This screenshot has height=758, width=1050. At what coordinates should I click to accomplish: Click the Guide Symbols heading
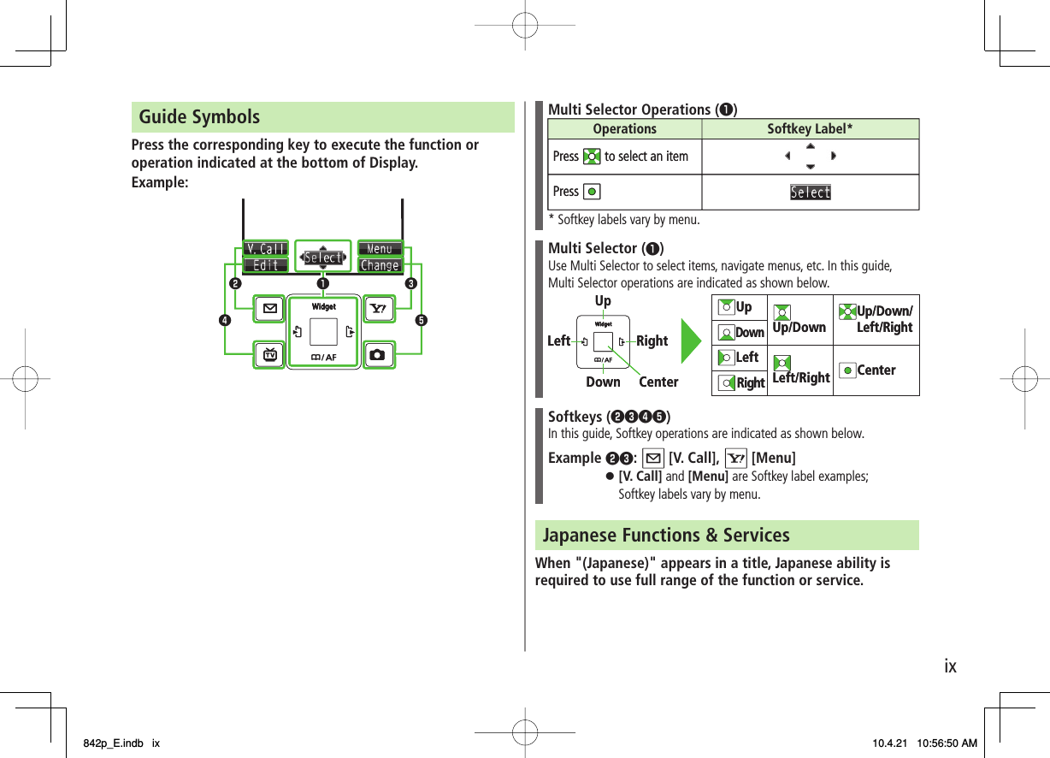pos(199,117)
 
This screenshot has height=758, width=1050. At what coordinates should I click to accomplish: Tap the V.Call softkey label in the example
pos(266,249)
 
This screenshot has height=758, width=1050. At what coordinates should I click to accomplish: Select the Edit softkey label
pos(266,265)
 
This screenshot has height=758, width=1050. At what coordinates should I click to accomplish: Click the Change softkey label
pos(380,265)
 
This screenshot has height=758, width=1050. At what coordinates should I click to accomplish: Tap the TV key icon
pos(270,354)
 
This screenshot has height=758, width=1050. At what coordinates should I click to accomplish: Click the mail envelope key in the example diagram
pos(270,309)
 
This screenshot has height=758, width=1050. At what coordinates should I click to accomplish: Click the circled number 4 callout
pos(223,321)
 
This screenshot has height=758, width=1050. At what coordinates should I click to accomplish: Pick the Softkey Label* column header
pos(810,129)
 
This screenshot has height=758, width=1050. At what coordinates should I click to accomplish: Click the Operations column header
pos(624,129)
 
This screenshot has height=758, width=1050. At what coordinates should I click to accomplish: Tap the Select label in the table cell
pos(810,192)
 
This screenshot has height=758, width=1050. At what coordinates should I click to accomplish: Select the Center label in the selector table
pos(876,370)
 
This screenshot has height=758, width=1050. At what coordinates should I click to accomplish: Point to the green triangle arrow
pos(691,340)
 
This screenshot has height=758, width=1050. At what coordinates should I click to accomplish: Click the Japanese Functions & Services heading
pos(666,536)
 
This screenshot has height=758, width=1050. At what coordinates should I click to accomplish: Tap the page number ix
pos(950,666)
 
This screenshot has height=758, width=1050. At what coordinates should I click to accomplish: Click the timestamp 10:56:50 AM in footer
pos(947,743)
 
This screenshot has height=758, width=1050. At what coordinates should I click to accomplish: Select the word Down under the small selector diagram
pos(603,382)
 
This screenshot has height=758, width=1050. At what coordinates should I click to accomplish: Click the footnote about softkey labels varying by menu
pos(623,220)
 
